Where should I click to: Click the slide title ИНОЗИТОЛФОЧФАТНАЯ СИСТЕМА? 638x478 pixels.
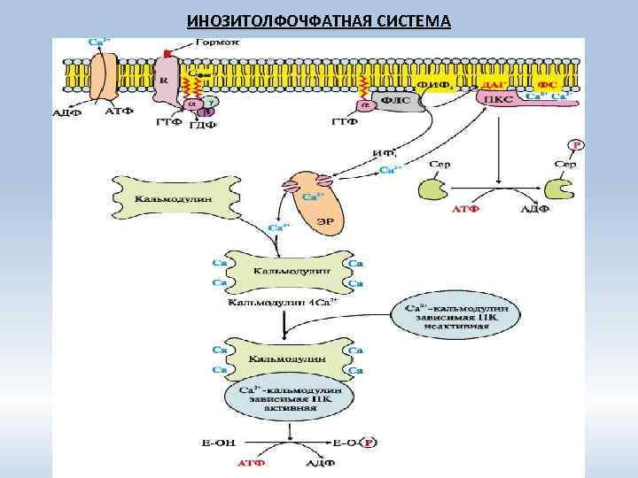[x=319, y=20]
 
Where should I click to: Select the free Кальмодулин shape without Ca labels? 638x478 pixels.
[x=174, y=200]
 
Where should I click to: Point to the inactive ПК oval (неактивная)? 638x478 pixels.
[x=459, y=316]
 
